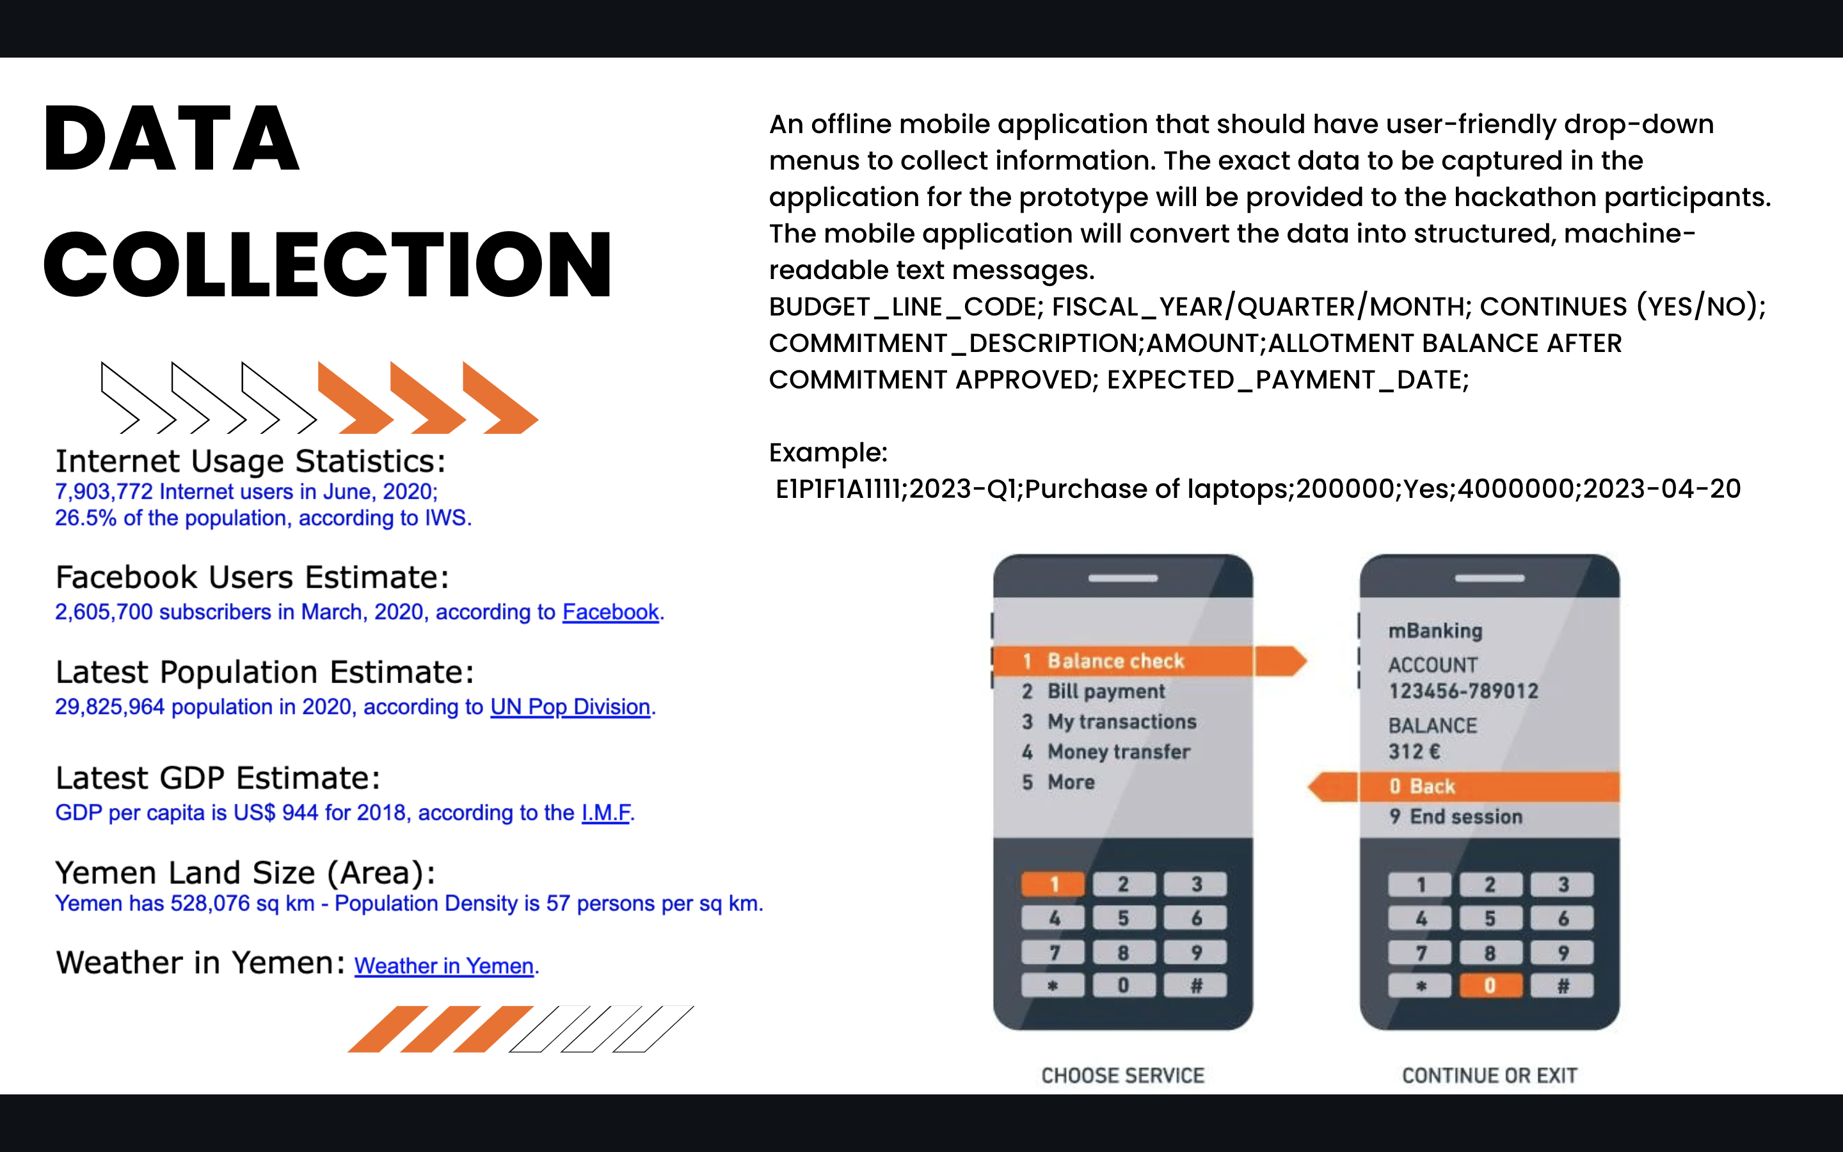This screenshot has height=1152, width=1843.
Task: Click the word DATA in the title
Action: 172,139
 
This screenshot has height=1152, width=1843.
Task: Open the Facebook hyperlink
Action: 610,612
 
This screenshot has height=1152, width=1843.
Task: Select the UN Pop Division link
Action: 570,707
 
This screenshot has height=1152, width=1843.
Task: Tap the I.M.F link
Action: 606,812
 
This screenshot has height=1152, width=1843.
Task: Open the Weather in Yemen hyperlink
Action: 444,966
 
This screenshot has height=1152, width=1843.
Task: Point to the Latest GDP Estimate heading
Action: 218,778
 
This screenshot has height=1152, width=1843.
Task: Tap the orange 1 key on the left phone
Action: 1053,884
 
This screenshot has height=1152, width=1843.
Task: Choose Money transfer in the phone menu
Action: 1119,752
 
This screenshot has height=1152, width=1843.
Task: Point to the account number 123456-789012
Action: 1463,691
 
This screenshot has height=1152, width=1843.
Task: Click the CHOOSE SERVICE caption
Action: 1122,1075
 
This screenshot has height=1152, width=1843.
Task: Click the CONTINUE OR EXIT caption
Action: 1490,1075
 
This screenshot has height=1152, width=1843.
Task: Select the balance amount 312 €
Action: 1414,752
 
